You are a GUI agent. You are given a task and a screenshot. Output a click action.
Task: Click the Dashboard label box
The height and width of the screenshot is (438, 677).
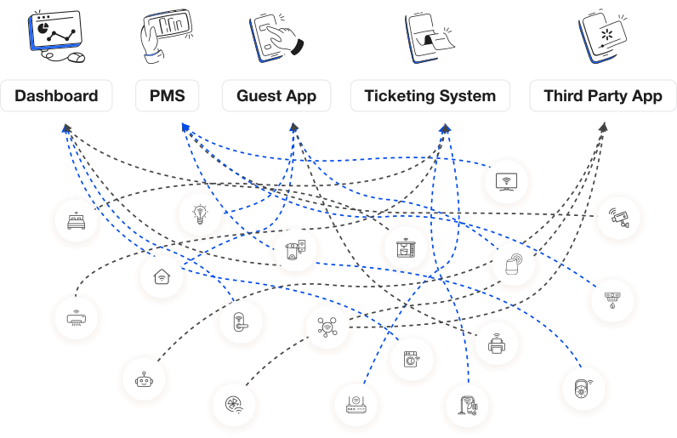(56, 96)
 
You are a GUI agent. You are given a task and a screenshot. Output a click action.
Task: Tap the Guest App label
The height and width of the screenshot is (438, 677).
(276, 96)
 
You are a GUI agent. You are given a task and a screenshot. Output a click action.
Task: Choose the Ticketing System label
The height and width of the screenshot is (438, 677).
(430, 96)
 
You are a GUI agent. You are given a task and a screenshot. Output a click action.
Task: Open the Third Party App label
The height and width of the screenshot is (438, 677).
(602, 96)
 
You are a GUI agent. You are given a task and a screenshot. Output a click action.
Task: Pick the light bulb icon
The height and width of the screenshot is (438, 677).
(200, 213)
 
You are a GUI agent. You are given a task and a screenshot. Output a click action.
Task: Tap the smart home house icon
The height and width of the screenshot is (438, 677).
(161, 277)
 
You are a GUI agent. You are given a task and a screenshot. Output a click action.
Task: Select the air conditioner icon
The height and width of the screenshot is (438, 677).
(75, 320)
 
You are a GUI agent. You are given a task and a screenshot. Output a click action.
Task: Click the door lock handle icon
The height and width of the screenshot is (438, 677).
(240, 322)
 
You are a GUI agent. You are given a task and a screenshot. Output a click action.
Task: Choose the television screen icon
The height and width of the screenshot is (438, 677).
(506, 181)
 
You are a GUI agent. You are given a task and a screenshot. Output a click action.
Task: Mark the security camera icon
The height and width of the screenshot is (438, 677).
(618, 218)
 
